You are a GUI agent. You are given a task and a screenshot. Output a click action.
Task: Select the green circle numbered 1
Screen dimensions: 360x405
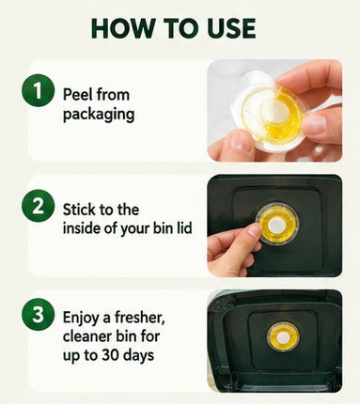pyautogui.click(x=38, y=90)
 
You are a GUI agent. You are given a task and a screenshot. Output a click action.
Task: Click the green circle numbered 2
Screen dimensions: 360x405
pyautogui.click(x=38, y=207)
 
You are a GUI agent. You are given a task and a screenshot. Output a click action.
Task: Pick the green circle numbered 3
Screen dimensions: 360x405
pyautogui.click(x=38, y=315)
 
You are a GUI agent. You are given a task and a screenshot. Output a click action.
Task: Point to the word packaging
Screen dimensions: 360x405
pyautogui.click(x=99, y=115)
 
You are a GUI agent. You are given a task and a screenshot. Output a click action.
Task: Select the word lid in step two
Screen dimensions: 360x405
pyautogui.click(x=183, y=228)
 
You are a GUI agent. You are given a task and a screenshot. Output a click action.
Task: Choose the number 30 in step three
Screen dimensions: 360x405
pyautogui.click(x=110, y=355)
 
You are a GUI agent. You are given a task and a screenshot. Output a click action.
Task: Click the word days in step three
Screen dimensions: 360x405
pyautogui.click(x=138, y=356)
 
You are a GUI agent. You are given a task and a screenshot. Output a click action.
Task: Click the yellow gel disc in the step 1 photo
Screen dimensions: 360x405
pyautogui.click(x=270, y=111)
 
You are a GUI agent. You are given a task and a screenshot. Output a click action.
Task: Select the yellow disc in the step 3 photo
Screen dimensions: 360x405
pyautogui.click(x=283, y=337)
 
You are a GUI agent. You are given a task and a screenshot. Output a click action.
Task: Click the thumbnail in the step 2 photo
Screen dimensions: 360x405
pyautogui.click(x=255, y=231)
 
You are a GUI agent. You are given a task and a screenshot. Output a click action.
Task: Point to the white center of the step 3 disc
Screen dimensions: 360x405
pyautogui.click(x=283, y=337)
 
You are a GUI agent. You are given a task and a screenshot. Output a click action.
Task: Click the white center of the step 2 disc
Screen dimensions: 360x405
pyautogui.click(x=276, y=225)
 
